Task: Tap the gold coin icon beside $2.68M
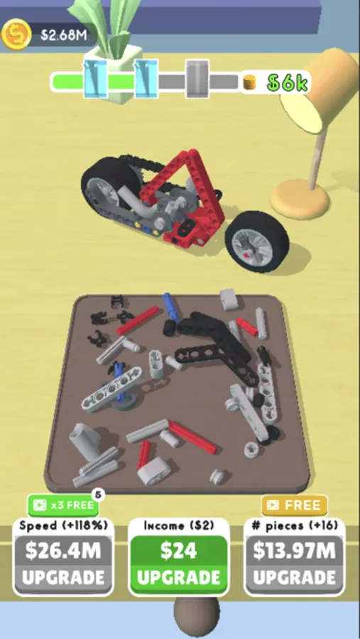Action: point(16,34)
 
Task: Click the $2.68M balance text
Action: point(64,35)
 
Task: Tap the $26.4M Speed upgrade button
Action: point(63,564)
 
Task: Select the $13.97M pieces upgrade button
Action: point(295,564)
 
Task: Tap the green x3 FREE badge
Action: point(63,506)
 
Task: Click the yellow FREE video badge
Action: point(295,506)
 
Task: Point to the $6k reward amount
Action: point(287,83)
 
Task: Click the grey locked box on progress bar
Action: point(197,79)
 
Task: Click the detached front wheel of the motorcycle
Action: point(257,241)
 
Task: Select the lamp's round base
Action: point(300,200)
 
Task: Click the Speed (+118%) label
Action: point(64,525)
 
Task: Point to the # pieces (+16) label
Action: point(295,525)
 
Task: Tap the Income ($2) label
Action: point(179,525)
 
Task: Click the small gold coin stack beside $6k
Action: point(249,82)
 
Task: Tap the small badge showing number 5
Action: point(98,495)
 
